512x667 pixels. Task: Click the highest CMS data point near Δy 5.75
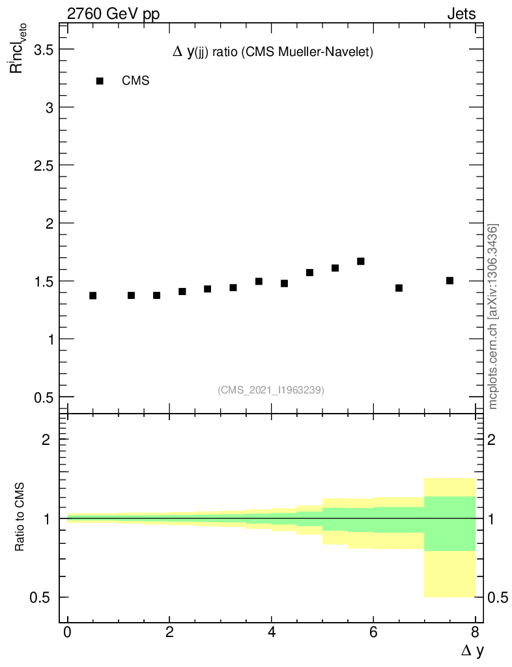point(360,261)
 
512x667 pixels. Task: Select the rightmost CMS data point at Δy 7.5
point(449,281)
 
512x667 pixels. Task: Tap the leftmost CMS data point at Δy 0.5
point(93,296)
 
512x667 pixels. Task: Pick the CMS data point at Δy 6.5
point(399,288)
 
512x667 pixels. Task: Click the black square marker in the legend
point(100,81)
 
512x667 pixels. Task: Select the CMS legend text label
point(135,81)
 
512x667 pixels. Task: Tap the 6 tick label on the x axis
point(373,632)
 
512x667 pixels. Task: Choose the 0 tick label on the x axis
point(67,632)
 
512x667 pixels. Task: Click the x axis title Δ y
point(472,649)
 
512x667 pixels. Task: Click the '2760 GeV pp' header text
point(113,14)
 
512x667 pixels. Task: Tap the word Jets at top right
point(461,14)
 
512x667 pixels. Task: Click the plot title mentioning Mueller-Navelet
point(272,53)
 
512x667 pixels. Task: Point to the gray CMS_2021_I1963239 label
point(271,390)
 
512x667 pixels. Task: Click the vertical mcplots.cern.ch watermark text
point(493,317)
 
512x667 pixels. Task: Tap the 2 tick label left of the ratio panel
point(46,440)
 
